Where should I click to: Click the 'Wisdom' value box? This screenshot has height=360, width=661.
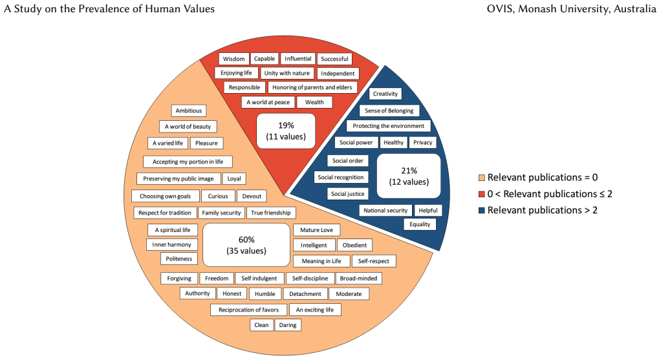233,59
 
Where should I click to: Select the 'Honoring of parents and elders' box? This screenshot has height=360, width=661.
312,87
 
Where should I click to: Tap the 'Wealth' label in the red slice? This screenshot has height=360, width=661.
314,102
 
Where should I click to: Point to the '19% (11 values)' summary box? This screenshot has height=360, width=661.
286,131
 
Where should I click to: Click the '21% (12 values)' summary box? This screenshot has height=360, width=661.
409,176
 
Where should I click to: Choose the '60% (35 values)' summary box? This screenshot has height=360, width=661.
246,245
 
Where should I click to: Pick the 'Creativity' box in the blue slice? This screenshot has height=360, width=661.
385,94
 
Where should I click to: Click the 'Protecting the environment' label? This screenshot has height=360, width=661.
389,126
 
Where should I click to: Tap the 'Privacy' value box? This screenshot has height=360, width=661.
422,143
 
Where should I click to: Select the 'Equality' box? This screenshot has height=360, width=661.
420,224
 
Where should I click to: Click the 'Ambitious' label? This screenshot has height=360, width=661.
188,111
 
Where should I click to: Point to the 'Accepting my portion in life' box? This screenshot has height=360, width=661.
188,162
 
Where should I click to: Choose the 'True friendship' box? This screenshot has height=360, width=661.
270,213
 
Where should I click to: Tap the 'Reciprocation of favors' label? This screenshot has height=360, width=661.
249,310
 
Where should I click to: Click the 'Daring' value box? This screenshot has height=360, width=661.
288,325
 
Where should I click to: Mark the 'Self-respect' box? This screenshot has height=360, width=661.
373,261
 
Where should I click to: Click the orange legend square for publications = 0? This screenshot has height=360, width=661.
481,178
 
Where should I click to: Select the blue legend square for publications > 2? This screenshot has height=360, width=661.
481,210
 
